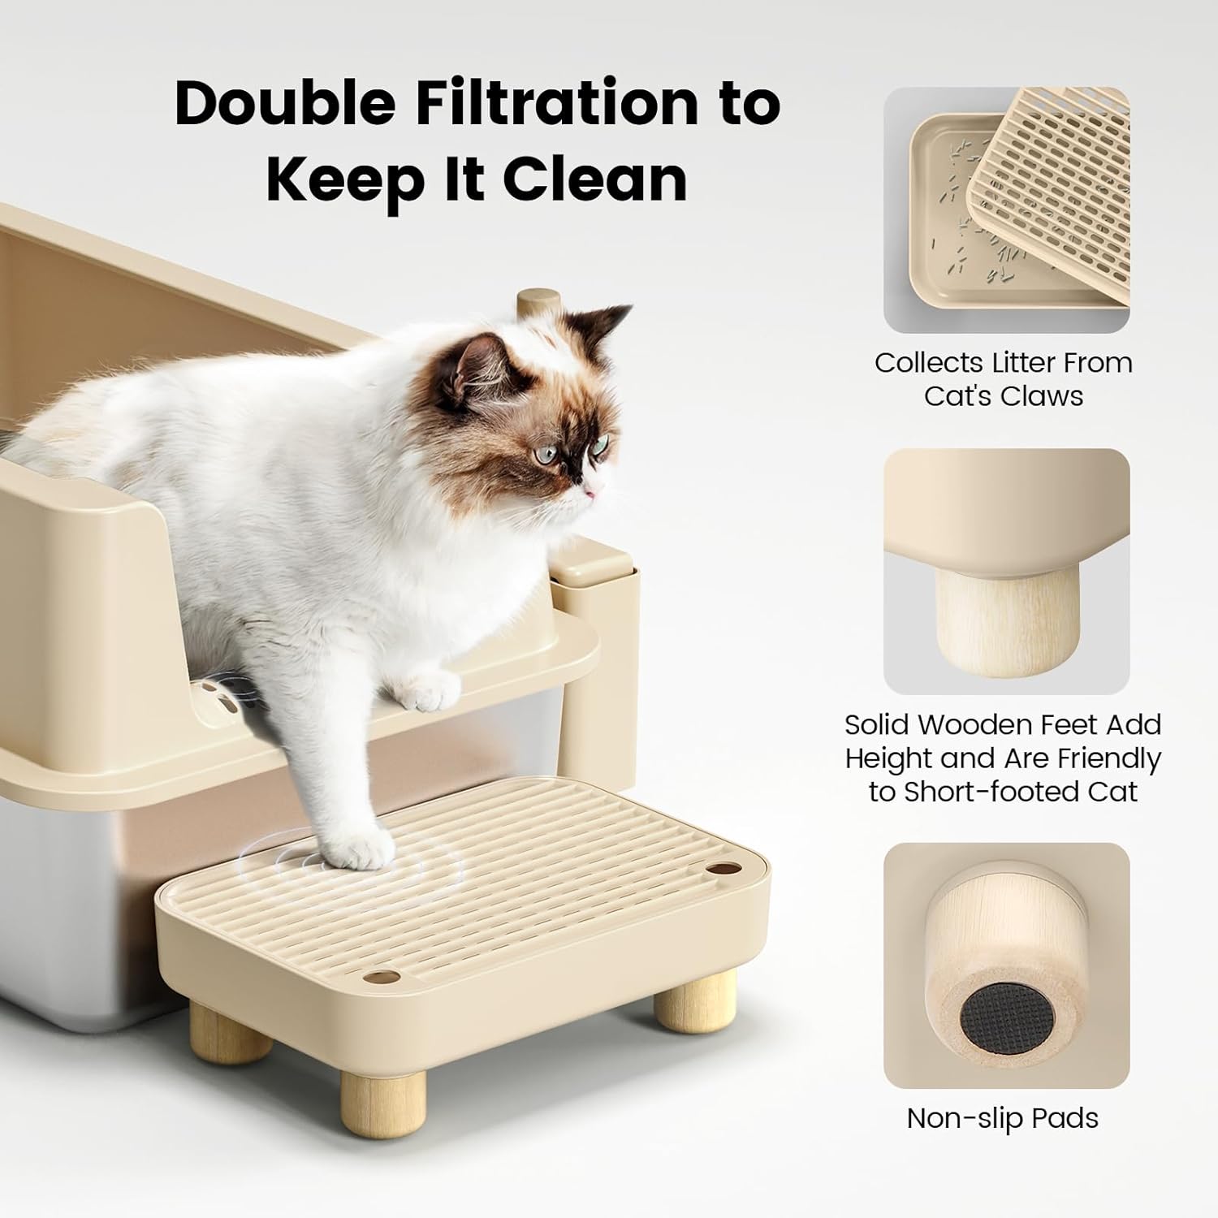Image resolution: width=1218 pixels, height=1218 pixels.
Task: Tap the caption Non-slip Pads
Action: [1002, 1118]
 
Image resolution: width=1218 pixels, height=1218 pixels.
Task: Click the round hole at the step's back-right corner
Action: [717, 870]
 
